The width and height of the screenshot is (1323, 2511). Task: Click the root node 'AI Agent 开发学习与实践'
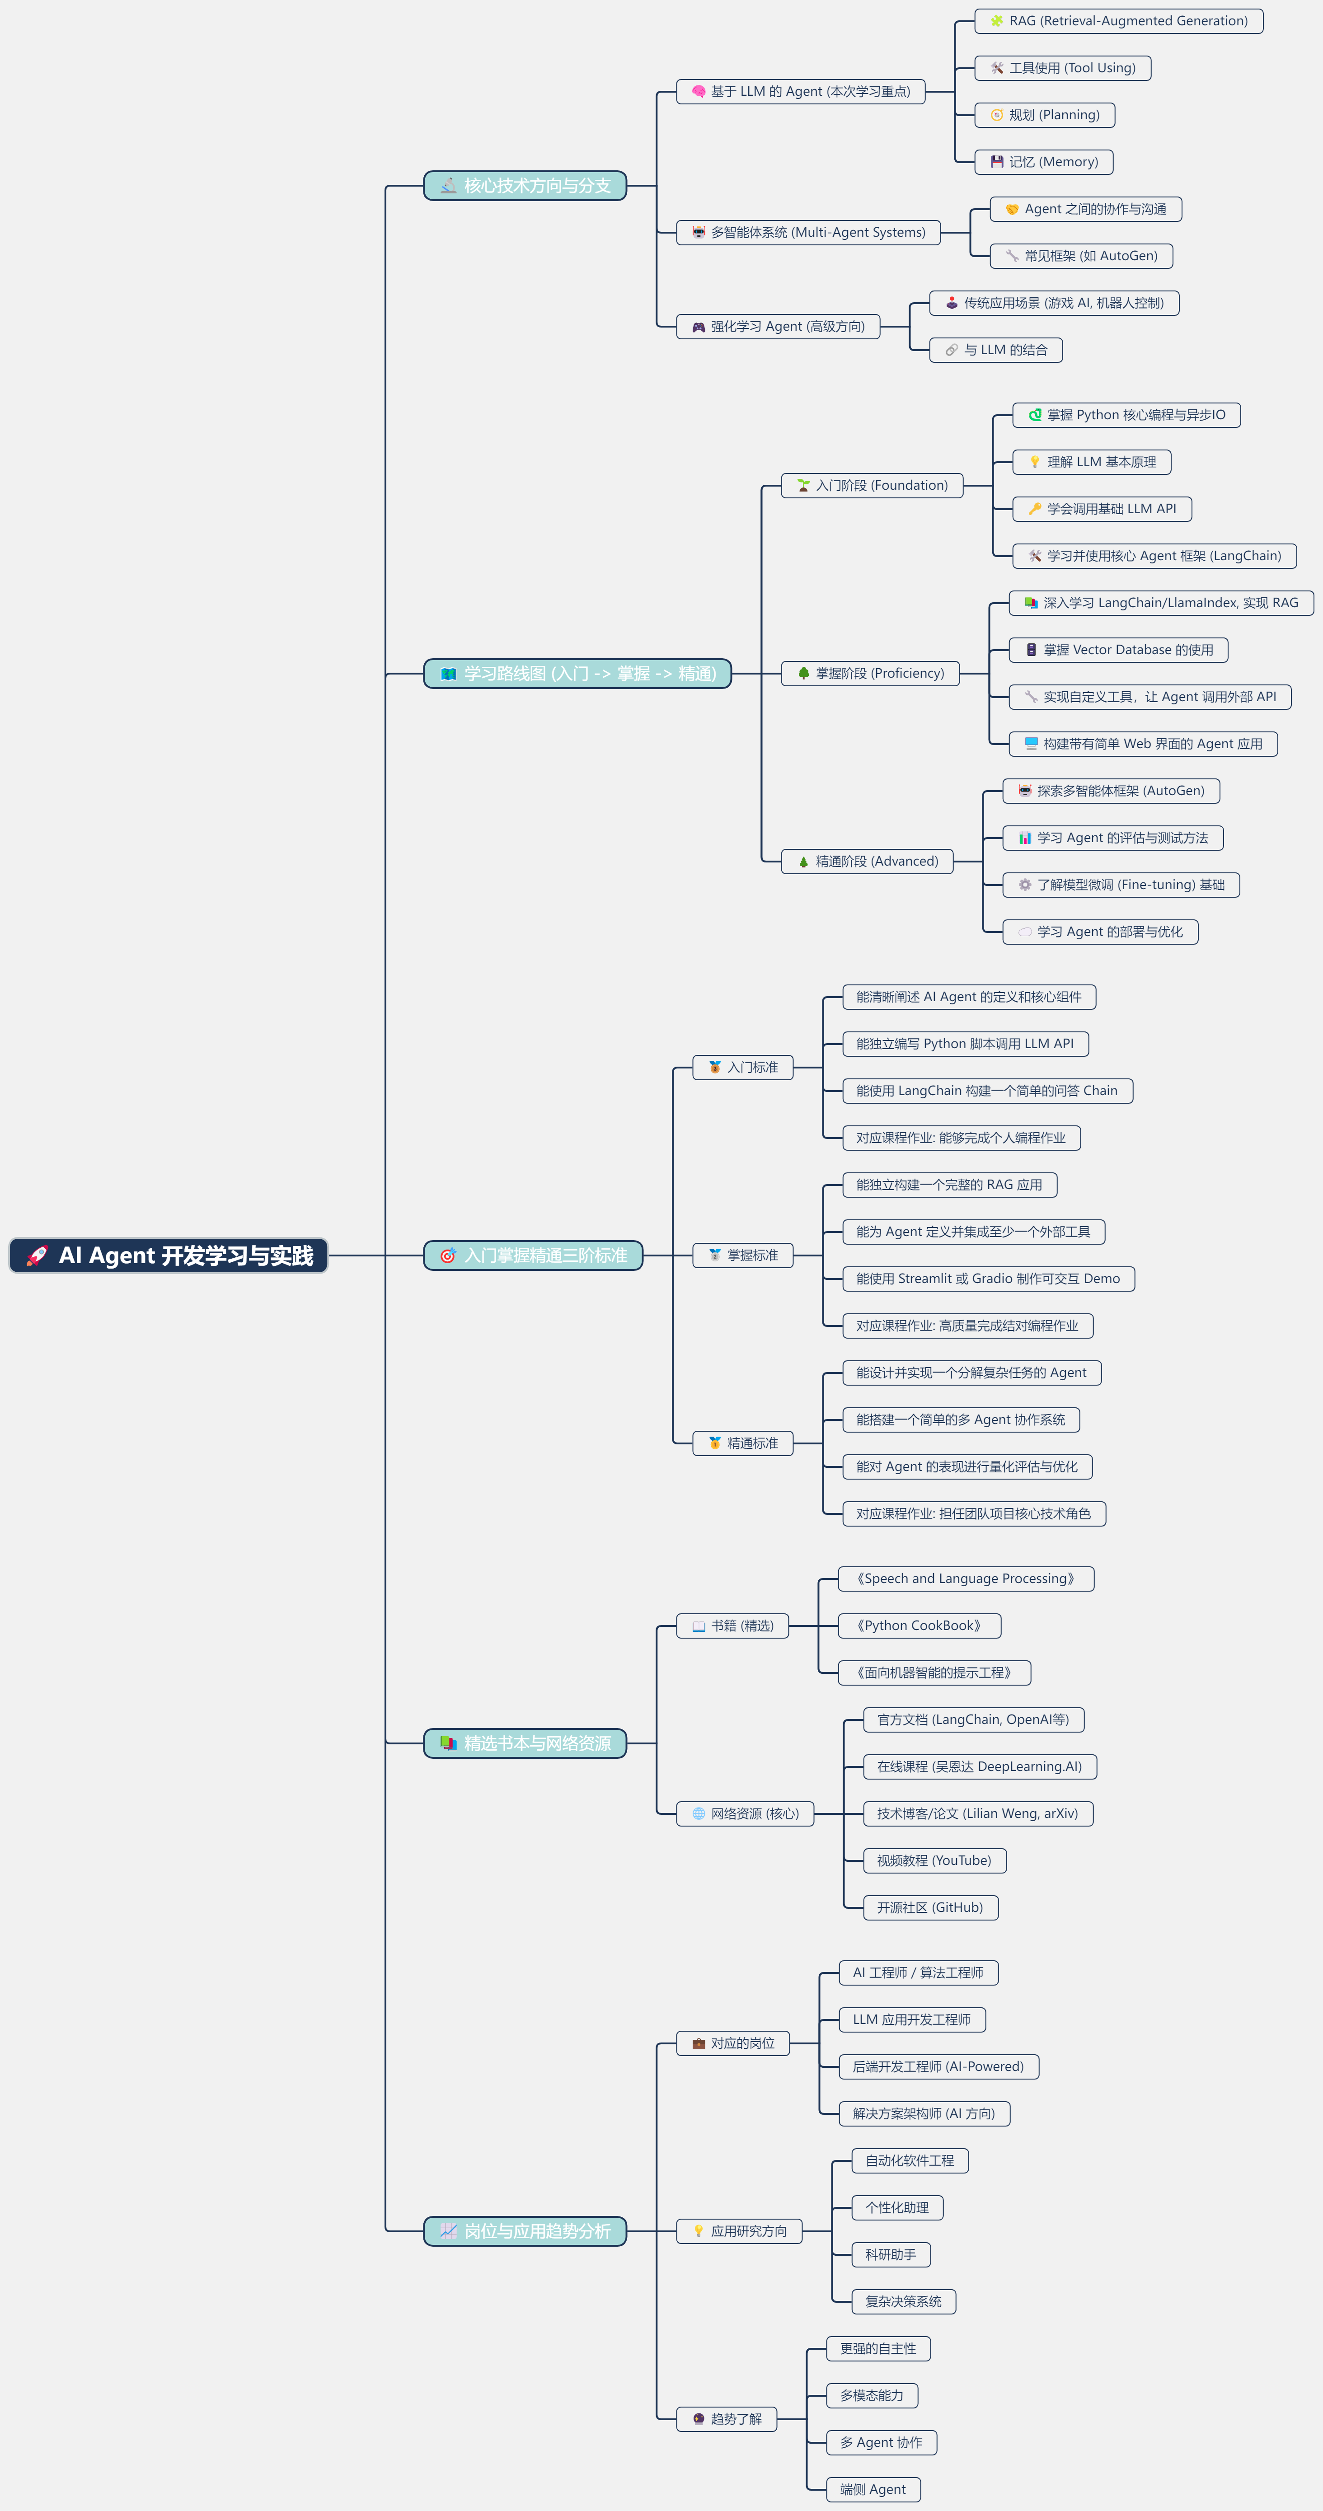[x=169, y=1255]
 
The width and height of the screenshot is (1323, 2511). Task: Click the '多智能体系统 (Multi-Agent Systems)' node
[x=808, y=232]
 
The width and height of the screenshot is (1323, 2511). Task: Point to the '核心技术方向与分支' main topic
[x=525, y=185]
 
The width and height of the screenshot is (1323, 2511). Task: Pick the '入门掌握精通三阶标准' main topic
[x=533, y=1255]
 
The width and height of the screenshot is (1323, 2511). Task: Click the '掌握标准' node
[x=743, y=1255]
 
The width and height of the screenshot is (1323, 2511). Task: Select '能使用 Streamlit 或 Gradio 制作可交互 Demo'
[x=988, y=1279]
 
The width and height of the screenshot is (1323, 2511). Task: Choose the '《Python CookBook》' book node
[x=920, y=1626]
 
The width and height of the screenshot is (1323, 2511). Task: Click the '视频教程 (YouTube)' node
[x=934, y=1861]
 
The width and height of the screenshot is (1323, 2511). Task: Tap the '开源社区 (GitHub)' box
[x=930, y=1907]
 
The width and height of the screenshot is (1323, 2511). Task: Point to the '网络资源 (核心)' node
[x=745, y=1814]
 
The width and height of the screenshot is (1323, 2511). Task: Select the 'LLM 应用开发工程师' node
[x=911, y=2020]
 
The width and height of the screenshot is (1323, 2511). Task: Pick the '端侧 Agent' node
[x=873, y=2490]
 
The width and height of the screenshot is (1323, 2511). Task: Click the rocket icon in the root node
[x=37, y=1255]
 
